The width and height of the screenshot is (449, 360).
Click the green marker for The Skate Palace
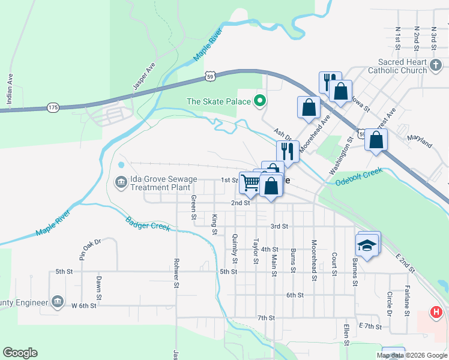260,101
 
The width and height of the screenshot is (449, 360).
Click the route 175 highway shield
53,107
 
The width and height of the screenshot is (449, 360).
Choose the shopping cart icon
250,182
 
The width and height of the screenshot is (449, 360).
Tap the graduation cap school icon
367,245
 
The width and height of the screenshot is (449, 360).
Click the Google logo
20,353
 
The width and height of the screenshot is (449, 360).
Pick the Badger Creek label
148,223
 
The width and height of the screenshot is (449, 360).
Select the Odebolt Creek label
359,178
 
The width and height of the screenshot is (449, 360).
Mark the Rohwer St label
176,274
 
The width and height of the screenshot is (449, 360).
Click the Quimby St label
235,248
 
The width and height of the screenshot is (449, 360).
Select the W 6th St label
83,305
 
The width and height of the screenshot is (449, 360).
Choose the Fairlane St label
407,296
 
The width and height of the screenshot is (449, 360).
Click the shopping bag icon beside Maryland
376,140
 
